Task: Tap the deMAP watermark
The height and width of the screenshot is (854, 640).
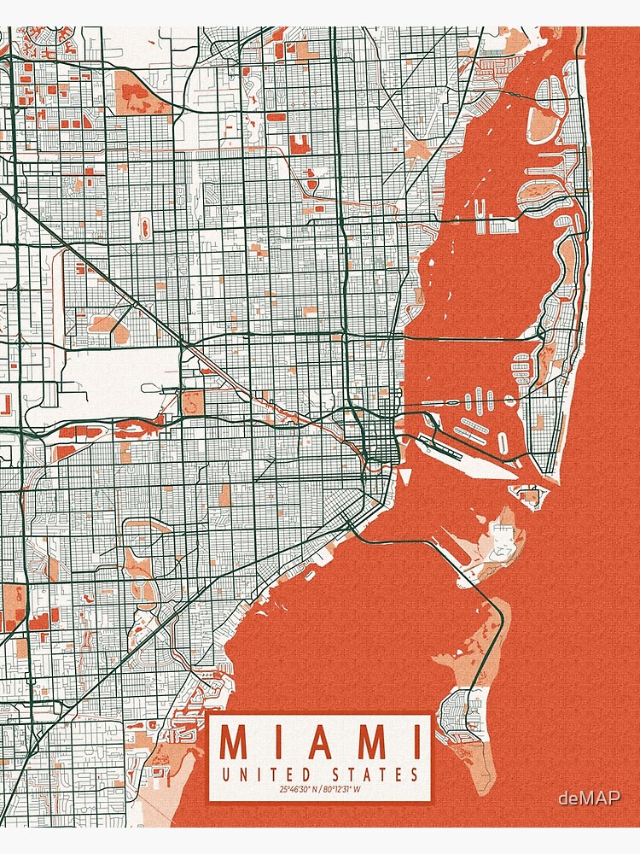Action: [589, 798]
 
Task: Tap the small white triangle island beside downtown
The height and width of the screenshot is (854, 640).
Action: [405, 475]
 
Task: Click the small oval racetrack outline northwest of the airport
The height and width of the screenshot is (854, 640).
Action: [143, 227]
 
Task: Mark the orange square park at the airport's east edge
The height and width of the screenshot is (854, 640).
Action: [193, 402]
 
